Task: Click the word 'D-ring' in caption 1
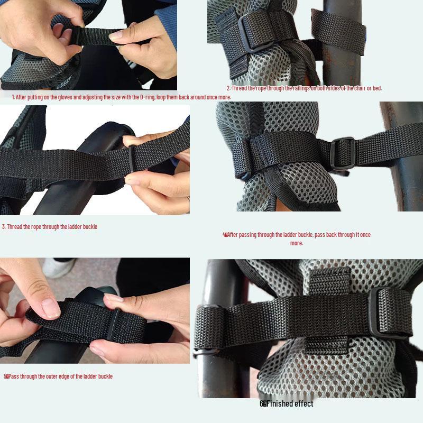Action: point(146,97)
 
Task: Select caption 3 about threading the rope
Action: point(50,227)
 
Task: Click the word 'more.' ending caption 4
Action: point(297,243)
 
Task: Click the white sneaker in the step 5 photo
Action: point(58,268)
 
